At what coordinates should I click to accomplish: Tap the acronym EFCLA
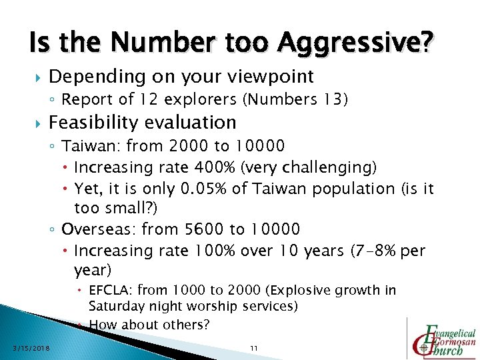point(110,291)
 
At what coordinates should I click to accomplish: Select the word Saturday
point(117,306)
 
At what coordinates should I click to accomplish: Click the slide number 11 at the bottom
point(253,348)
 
